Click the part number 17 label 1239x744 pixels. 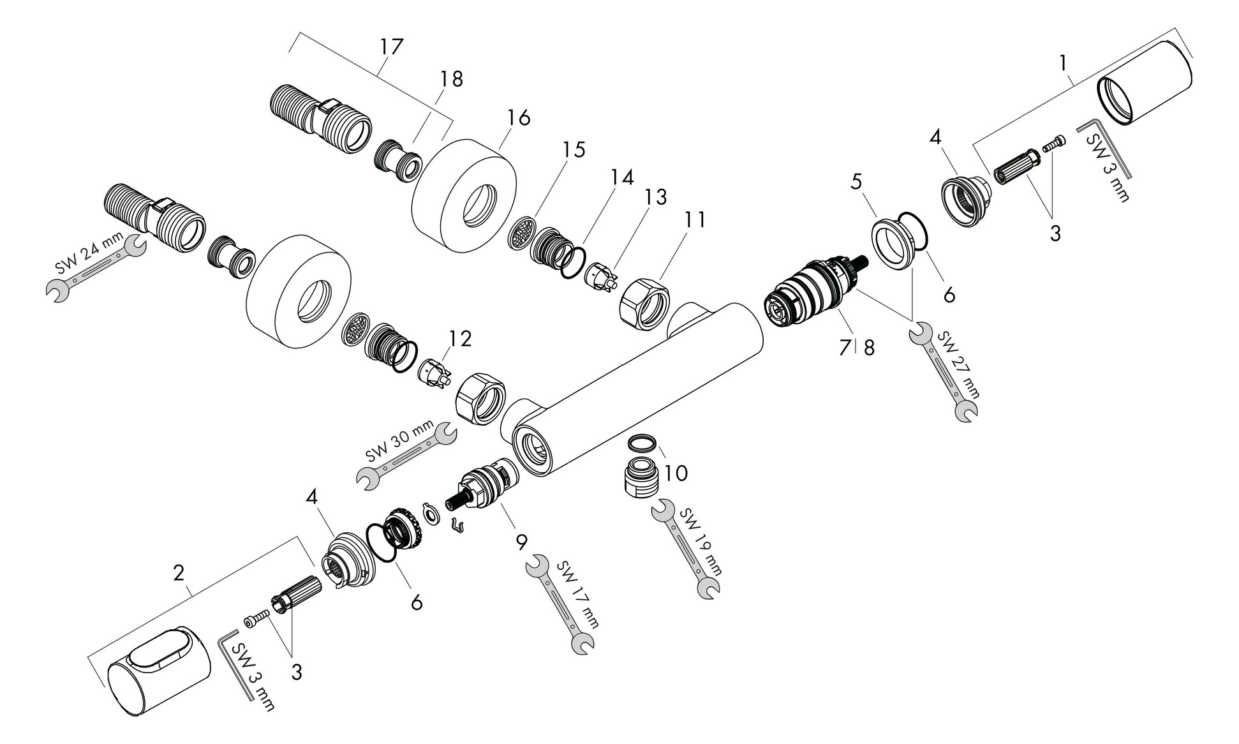[391, 47]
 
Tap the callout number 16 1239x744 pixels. [519, 118]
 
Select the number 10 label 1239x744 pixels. [675, 473]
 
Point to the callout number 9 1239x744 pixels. [521, 542]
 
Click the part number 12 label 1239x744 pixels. [459, 338]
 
